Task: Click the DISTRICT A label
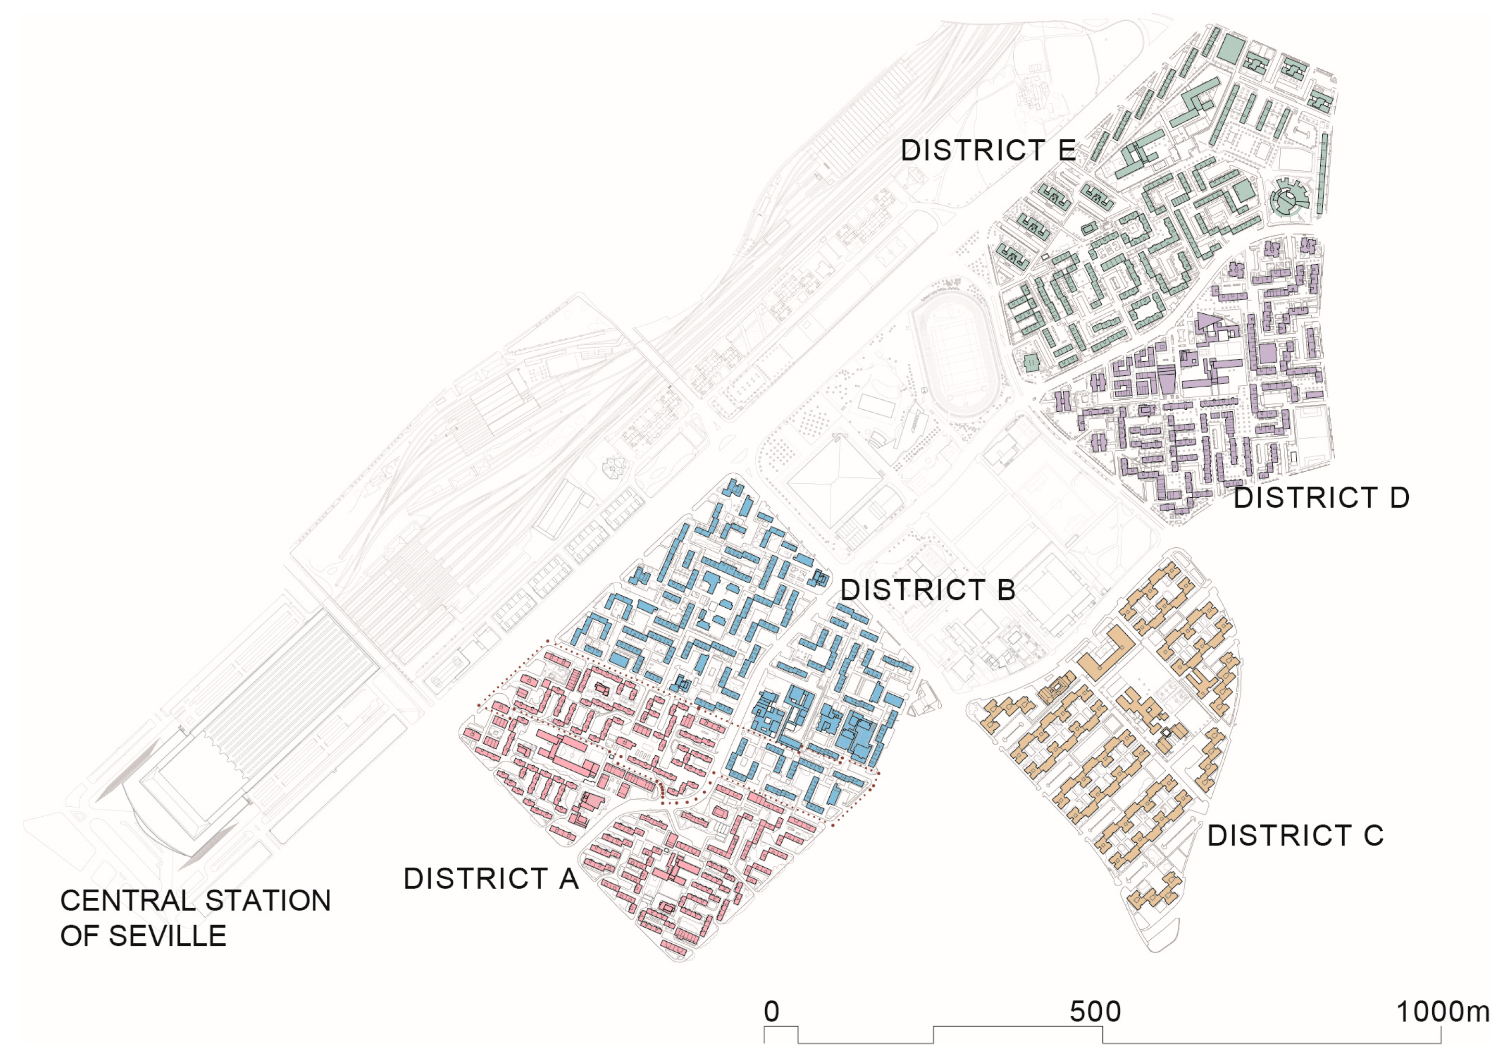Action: coord(491,879)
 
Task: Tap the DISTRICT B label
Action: coord(928,590)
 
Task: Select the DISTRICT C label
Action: coord(1295,835)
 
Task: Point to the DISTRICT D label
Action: coord(1321,498)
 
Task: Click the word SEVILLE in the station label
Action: coord(167,937)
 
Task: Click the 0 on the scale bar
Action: coord(771,1012)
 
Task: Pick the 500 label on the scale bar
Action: coord(1095,1012)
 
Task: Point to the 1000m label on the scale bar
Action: coord(1442,1012)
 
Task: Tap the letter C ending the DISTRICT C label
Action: coord(1373,835)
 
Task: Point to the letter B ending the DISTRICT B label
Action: coord(1006,590)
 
